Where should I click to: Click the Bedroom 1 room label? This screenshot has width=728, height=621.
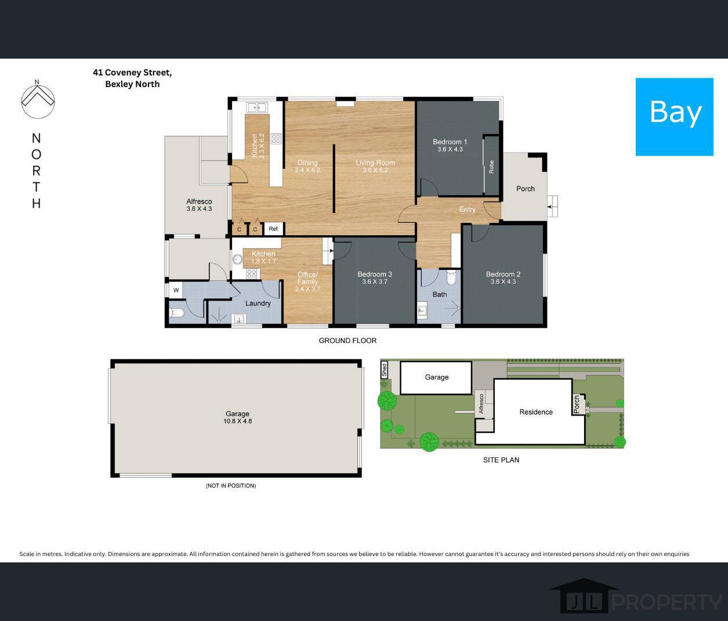(x=450, y=142)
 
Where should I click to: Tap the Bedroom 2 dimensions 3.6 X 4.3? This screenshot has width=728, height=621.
(x=503, y=282)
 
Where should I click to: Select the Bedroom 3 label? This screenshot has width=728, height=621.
(x=375, y=274)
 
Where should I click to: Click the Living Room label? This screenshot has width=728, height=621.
(x=375, y=163)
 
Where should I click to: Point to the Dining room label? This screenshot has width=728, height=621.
(x=307, y=163)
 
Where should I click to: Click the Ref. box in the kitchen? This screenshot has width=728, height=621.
(x=274, y=229)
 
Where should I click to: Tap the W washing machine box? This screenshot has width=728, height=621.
(x=176, y=290)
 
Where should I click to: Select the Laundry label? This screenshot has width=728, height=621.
(x=258, y=303)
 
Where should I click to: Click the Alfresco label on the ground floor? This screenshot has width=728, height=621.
(x=199, y=201)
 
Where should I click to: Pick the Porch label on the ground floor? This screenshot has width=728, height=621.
(x=525, y=189)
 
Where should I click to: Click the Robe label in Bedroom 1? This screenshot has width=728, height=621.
(x=491, y=167)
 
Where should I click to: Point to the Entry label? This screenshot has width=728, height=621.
(x=467, y=210)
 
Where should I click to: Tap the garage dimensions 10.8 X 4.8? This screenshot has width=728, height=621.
(x=238, y=421)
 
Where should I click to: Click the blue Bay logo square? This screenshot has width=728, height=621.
(x=674, y=117)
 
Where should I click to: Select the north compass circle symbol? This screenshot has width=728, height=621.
(x=38, y=99)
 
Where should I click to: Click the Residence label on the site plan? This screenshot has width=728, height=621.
(x=535, y=412)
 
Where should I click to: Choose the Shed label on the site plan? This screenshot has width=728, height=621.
(x=384, y=370)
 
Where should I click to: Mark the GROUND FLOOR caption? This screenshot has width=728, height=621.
(x=347, y=341)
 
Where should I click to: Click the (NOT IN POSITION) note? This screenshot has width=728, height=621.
(x=230, y=485)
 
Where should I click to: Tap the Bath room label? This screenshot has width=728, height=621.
(x=440, y=294)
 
